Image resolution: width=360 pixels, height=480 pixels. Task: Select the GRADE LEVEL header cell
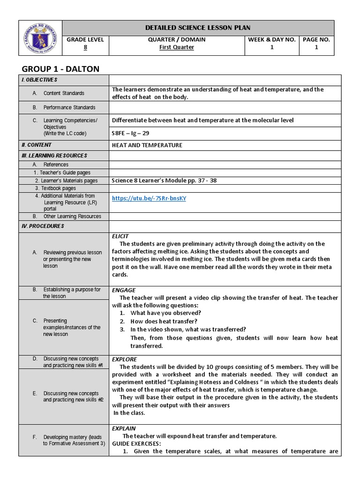85,40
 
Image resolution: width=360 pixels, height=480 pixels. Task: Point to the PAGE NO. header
316,40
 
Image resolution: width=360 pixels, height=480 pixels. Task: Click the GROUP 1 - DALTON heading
61,69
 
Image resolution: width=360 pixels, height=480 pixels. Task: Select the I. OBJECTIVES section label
39,80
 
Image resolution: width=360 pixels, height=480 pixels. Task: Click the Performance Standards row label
69,107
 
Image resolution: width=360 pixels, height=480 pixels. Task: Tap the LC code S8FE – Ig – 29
130,133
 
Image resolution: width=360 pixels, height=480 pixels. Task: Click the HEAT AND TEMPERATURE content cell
147,145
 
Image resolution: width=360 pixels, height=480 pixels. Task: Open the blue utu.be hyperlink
149,198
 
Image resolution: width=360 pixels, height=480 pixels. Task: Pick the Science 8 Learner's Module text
164,180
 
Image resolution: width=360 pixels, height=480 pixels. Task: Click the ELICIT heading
120,236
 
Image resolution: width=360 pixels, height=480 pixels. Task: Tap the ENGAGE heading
124,290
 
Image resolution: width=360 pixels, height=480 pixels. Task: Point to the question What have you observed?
165,313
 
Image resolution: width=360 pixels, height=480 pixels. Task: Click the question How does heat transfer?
164,321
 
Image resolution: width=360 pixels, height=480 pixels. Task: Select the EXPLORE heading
124,359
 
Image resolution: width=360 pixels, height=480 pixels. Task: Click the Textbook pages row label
58,188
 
